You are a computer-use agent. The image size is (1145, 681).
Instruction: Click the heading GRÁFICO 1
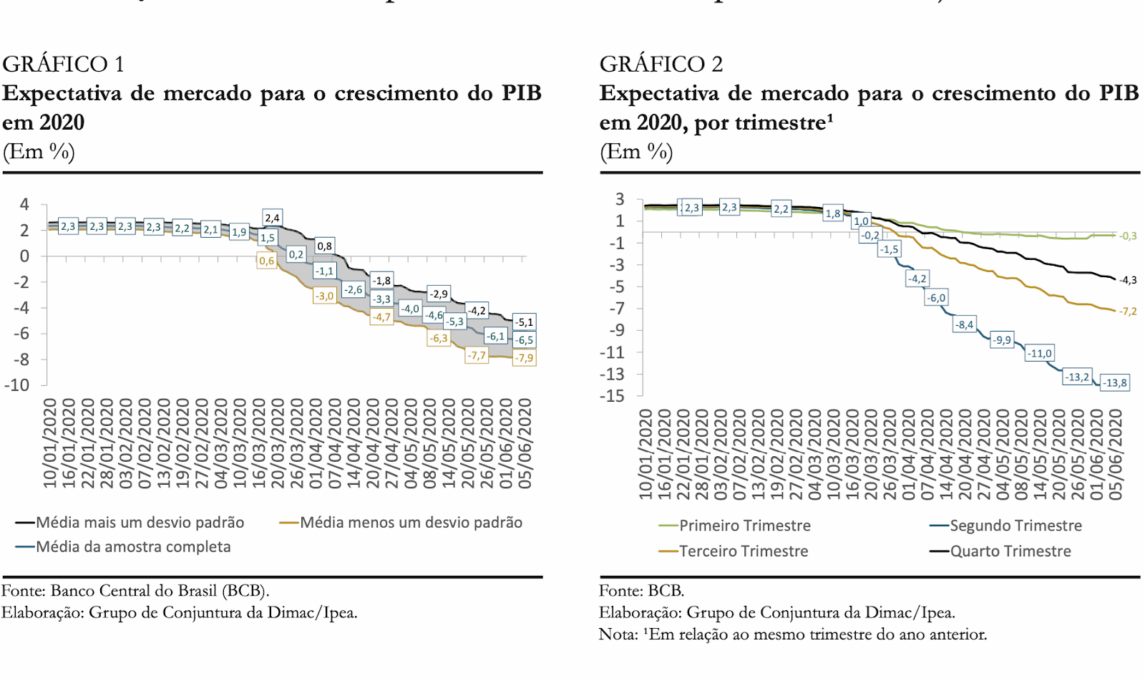click(64, 64)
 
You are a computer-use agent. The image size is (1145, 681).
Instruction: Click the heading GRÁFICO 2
click(661, 64)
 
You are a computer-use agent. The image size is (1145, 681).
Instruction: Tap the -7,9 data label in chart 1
click(525, 358)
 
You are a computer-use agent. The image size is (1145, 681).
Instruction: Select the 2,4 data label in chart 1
click(272, 218)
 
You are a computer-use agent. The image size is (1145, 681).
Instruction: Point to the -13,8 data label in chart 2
click(1114, 382)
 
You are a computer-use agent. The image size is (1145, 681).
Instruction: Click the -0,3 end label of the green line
click(1128, 236)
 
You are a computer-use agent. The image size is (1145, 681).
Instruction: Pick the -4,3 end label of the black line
click(1128, 280)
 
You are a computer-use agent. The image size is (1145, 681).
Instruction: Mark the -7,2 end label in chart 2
click(1128, 311)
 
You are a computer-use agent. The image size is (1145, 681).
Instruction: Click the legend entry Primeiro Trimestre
click(744, 526)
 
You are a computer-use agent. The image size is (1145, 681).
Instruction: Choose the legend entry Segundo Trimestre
click(1015, 526)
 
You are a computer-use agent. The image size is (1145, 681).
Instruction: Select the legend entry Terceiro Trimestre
click(743, 551)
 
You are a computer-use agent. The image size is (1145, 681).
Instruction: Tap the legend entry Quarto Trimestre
click(1010, 551)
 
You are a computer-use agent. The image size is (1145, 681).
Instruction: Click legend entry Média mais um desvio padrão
click(140, 523)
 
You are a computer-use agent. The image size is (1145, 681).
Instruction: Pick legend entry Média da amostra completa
click(133, 547)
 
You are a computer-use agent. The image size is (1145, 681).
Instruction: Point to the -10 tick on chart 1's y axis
click(17, 385)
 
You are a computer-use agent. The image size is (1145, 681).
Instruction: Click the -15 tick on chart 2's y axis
click(612, 396)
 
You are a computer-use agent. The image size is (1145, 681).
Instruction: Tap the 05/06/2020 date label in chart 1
click(526, 443)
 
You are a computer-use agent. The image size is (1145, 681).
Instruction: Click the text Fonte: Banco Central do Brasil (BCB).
click(135, 591)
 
